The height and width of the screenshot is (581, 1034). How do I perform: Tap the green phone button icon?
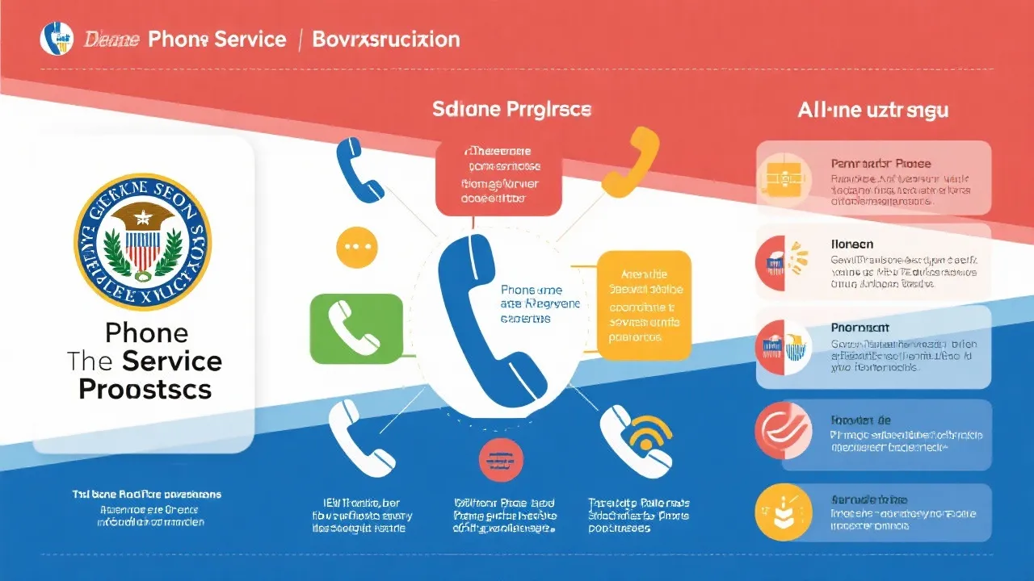(x=356, y=328)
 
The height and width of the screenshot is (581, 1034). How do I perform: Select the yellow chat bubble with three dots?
(x=355, y=247)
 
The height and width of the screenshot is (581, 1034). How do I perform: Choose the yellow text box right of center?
(x=645, y=305)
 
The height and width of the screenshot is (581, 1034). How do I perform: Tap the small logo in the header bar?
(x=57, y=39)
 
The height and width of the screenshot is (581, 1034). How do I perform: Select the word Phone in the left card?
(x=146, y=332)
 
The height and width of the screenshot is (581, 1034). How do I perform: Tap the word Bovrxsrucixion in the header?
(x=386, y=40)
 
